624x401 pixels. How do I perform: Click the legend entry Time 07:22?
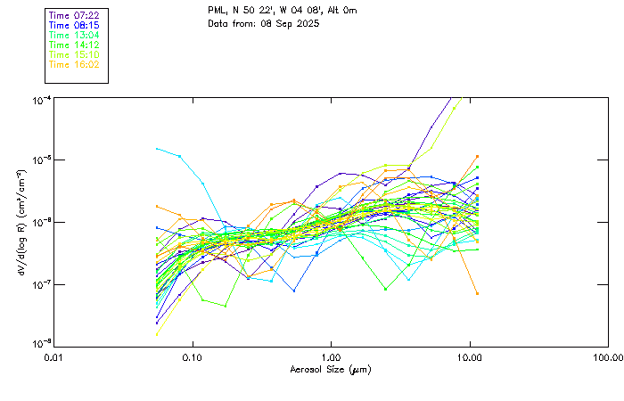(x=73, y=15)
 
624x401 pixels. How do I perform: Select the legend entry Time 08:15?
(x=73, y=25)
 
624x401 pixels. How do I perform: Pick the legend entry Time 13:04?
(x=73, y=35)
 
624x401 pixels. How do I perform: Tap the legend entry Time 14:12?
(x=73, y=45)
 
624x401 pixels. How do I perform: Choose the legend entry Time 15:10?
(x=73, y=54)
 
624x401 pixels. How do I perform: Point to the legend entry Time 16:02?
(x=73, y=64)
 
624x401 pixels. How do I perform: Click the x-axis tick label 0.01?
(x=54, y=356)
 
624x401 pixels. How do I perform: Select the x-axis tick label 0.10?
(x=193, y=356)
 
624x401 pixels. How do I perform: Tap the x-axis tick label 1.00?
(x=331, y=356)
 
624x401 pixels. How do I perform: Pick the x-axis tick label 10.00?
(x=469, y=356)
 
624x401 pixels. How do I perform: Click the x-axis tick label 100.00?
(x=608, y=356)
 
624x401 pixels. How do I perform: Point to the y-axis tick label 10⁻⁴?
(x=40, y=99)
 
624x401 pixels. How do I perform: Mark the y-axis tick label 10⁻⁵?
(x=40, y=160)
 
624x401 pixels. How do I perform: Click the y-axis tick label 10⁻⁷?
(x=40, y=284)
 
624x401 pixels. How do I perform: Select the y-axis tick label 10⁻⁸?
(x=40, y=345)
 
